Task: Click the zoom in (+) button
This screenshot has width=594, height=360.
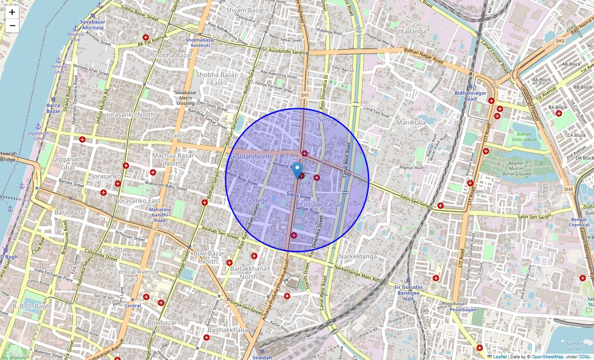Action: click(12, 12)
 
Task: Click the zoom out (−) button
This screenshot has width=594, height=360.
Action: click(12, 26)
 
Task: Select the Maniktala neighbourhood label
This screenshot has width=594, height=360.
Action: click(411, 123)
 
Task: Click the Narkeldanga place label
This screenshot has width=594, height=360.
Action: click(357, 257)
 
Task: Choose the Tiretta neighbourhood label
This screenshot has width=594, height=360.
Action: click(117, 250)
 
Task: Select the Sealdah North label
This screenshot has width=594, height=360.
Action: click(251, 157)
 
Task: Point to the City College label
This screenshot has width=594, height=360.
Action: click(251, 201)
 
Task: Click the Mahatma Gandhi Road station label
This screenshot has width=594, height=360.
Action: click(160, 215)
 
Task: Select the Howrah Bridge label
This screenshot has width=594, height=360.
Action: click(7, 157)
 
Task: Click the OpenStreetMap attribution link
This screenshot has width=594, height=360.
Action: click(547, 357)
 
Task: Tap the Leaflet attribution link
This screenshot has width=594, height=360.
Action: click(500, 357)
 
